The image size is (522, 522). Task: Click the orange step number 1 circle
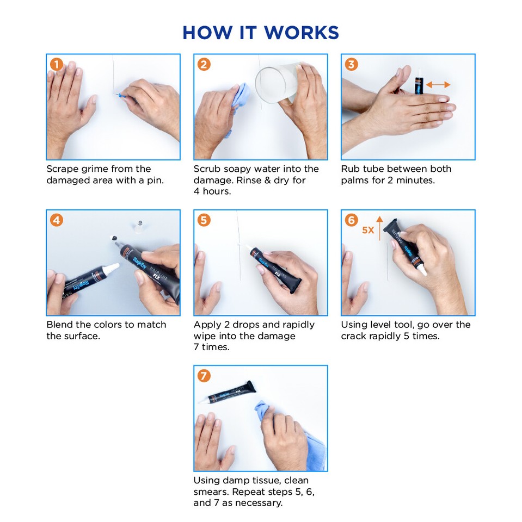[x=57, y=64]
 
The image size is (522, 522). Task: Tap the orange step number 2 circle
[x=204, y=64]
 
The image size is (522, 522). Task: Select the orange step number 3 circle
[x=351, y=64]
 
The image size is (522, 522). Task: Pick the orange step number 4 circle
[x=57, y=220]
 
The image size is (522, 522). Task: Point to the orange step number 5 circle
[x=204, y=220]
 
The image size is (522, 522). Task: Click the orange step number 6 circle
[x=351, y=220]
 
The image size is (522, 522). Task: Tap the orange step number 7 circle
[x=204, y=376]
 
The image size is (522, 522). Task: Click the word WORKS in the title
[x=302, y=33]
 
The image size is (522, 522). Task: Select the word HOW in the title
[x=207, y=33]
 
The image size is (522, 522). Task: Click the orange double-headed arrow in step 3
[x=438, y=85]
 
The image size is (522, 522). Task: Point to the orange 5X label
[x=368, y=230]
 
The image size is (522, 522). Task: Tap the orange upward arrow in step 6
[x=380, y=228]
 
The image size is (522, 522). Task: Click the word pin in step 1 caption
[x=155, y=181]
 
